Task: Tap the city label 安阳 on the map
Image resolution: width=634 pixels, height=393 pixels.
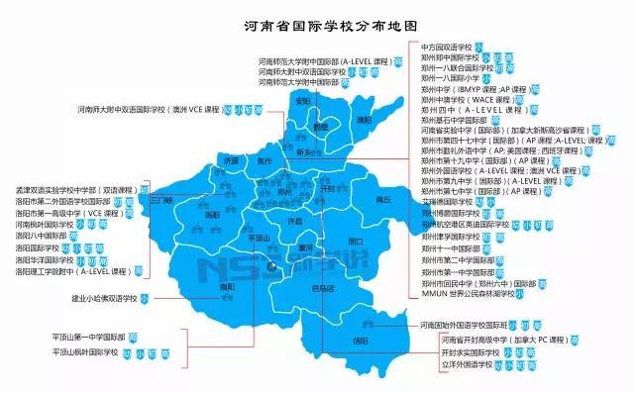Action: point(303,101)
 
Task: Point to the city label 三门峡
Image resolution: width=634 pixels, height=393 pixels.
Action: point(160,199)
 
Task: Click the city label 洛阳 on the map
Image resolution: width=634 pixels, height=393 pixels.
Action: point(212,214)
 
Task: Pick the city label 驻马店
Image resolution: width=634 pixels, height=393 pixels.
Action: point(324,288)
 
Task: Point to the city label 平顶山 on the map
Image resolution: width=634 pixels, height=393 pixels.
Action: point(258,239)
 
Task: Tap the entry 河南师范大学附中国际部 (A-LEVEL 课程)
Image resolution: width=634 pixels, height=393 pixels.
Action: point(323,60)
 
